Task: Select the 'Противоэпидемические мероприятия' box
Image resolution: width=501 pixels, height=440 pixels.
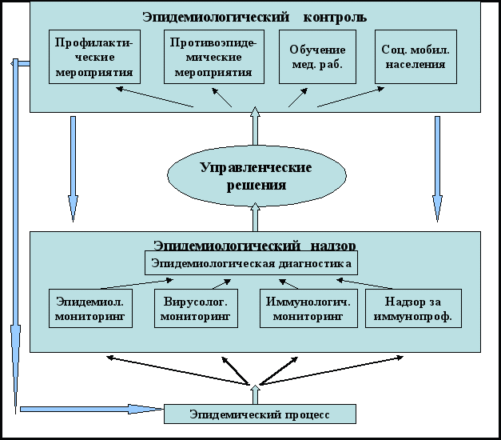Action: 213,57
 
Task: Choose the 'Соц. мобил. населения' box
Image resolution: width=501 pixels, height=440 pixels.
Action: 416,57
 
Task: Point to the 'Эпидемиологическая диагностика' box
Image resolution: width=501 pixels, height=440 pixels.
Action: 251,262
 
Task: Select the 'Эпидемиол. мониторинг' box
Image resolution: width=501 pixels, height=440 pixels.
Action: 90,309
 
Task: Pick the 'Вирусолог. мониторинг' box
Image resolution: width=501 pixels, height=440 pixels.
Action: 196,309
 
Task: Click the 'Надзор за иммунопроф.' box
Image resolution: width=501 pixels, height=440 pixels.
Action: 413,309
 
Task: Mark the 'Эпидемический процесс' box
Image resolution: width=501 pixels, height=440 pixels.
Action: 260,414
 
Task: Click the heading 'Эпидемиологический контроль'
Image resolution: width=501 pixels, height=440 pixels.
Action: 256,17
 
